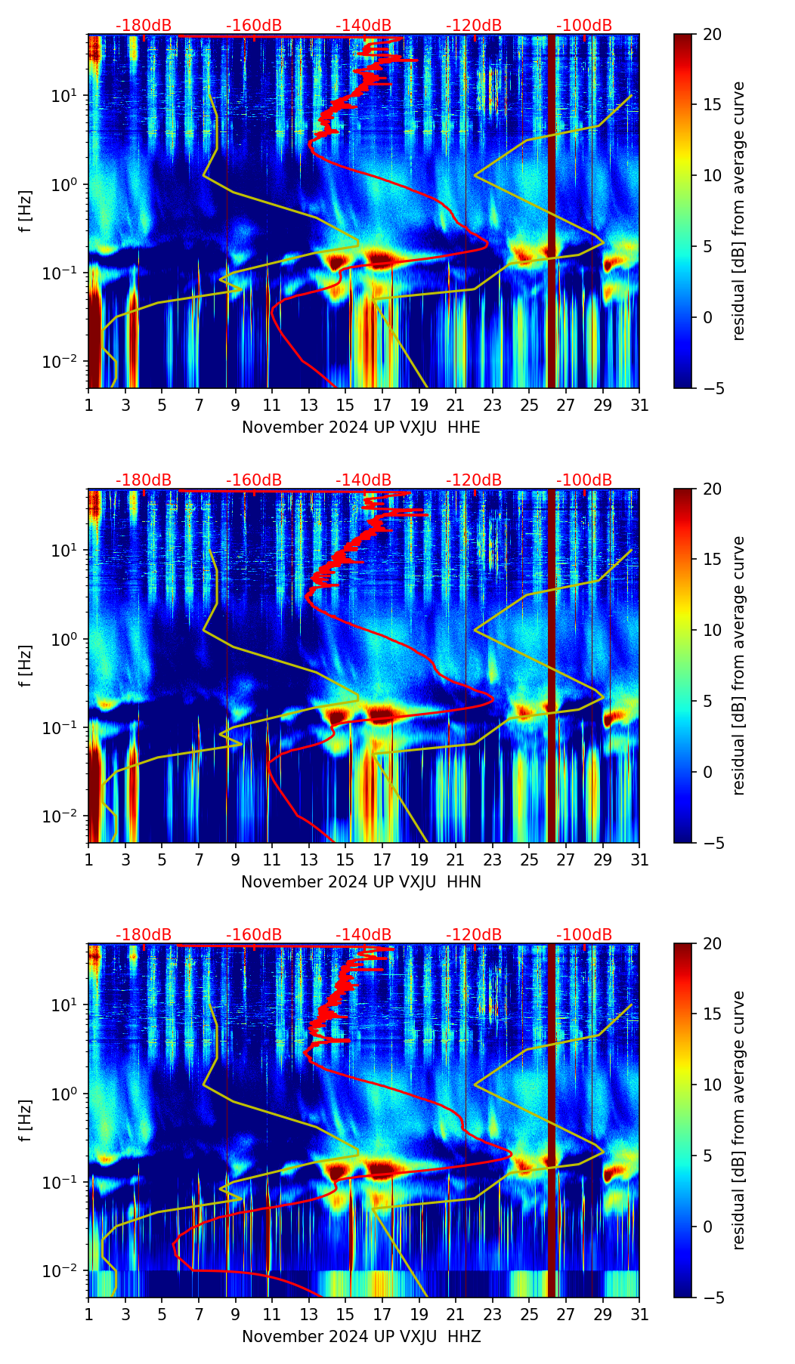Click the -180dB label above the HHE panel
pos(144,26)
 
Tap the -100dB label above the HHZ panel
pos(584,935)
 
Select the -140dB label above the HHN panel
pos(363,480)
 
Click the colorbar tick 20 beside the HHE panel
pos(712,35)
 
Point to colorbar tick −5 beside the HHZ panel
pos(712,1298)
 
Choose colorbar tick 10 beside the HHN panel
pos(712,630)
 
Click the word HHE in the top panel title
pos(464,427)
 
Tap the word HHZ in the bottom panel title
pos(464,1337)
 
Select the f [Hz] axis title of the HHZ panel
pos(26,1120)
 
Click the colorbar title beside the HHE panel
pos(738,211)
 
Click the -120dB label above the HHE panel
pos(474,26)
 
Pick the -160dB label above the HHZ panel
pos(254,935)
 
